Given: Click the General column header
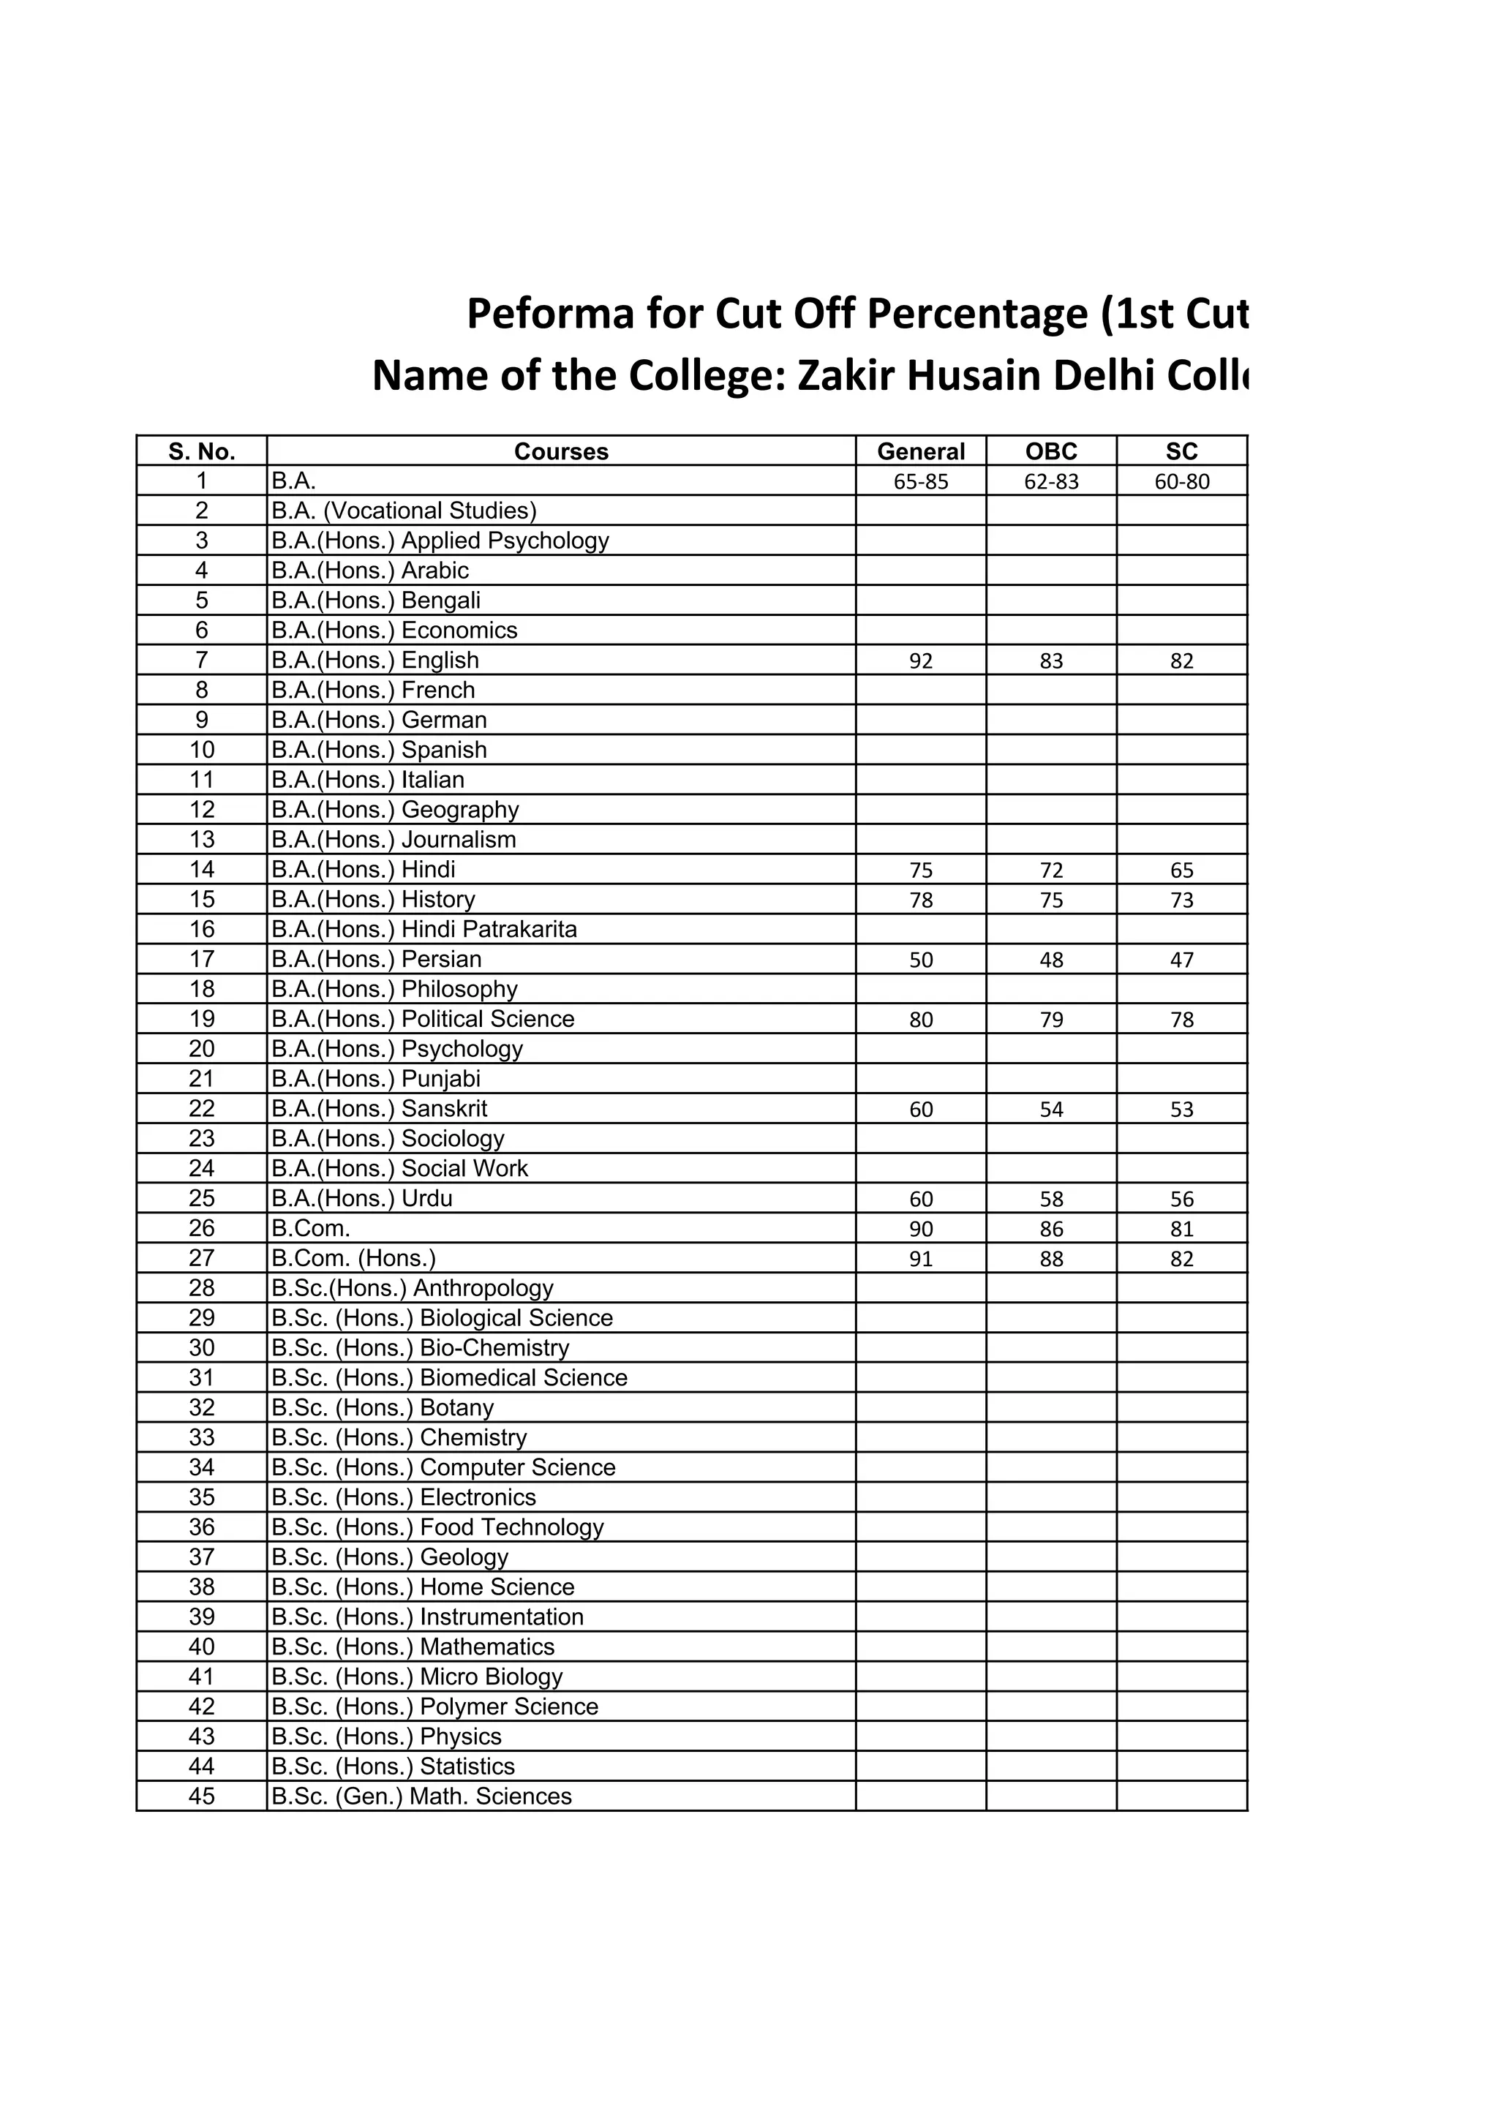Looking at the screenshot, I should click(920, 451).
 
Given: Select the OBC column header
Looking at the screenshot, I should click(1050, 451).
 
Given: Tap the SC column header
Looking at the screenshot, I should click(1181, 451).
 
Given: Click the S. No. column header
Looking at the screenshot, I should click(201, 451).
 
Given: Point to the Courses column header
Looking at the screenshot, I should click(560, 451).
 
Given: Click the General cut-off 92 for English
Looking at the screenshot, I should click(920, 660).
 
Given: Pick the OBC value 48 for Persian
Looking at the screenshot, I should click(1050, 960).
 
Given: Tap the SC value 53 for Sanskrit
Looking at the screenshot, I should click(1181, 1110).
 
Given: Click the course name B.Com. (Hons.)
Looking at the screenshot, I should click(353, 1258).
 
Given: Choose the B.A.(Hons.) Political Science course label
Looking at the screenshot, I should click(423, 1019).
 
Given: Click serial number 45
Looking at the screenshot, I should click(201, 1796).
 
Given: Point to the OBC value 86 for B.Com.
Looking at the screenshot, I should click(1050, 1228).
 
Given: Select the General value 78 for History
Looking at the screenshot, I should click(920, 900).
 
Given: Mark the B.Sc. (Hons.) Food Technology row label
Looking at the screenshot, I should click(437, 1527).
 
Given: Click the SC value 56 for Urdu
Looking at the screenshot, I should click(1181, 1199).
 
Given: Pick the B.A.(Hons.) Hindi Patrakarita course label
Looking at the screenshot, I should click(424, 930).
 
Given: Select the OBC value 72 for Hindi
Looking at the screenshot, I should click(1050, 870).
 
